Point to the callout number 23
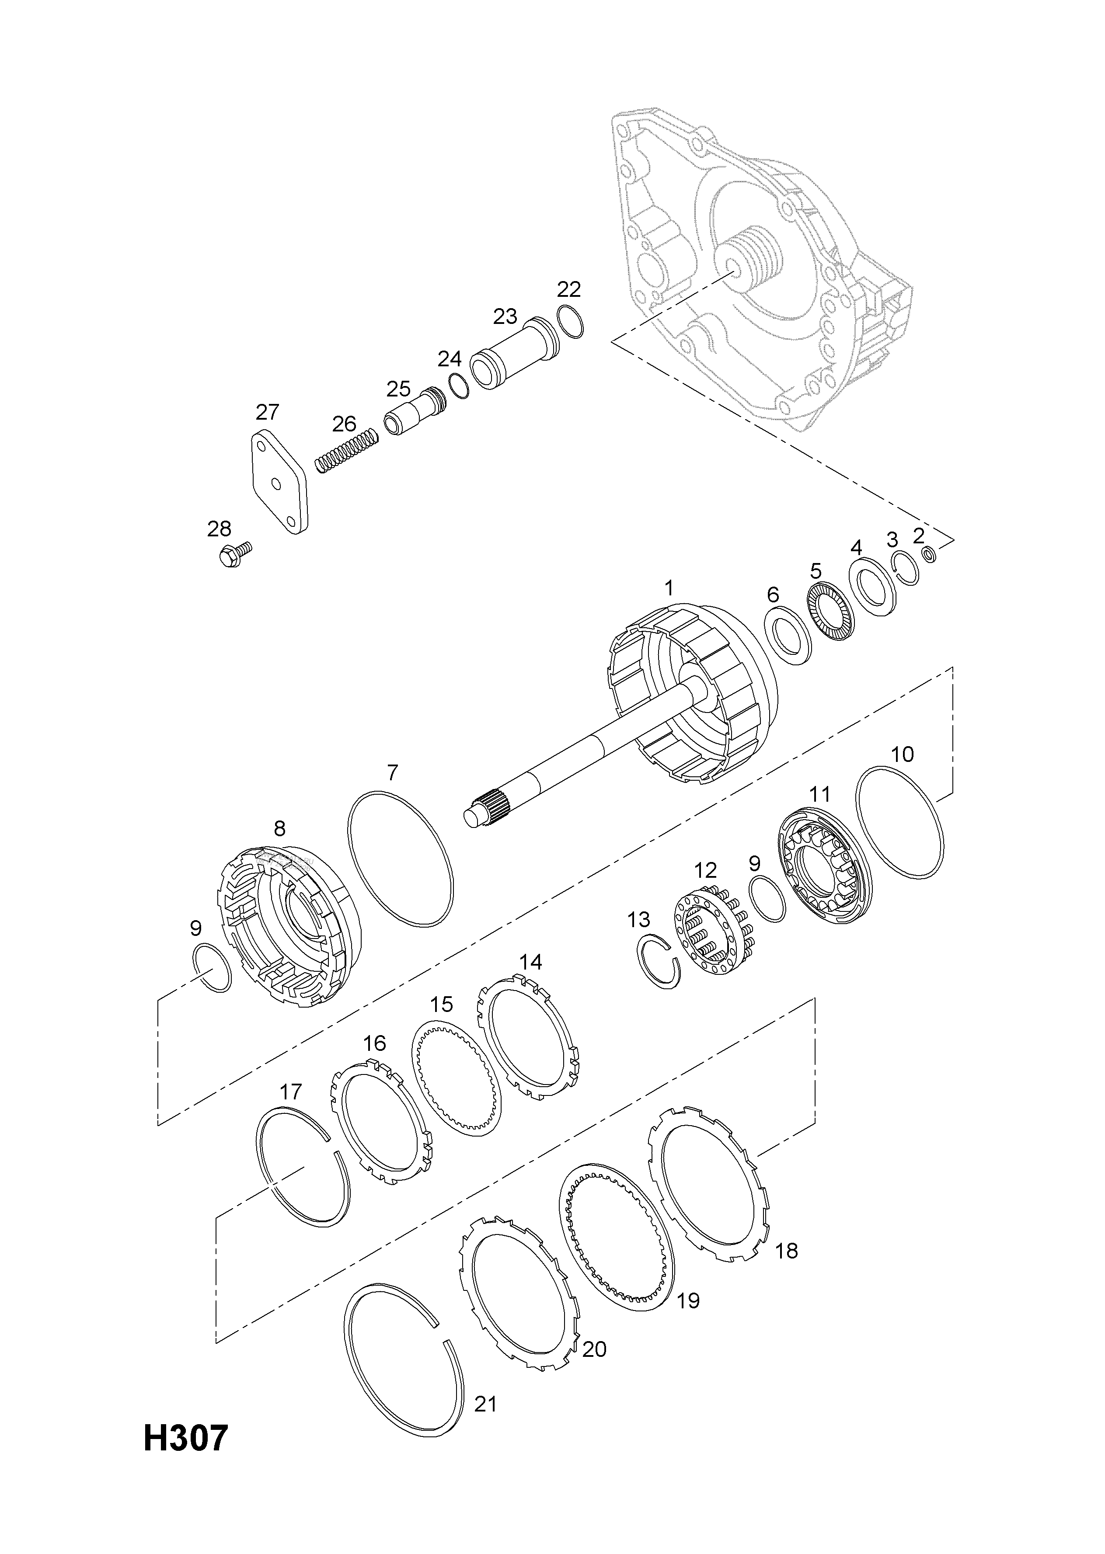click(x=505, y=316)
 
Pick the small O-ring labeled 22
click(x=569, y=322)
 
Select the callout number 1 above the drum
click(x=669, y=588)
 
